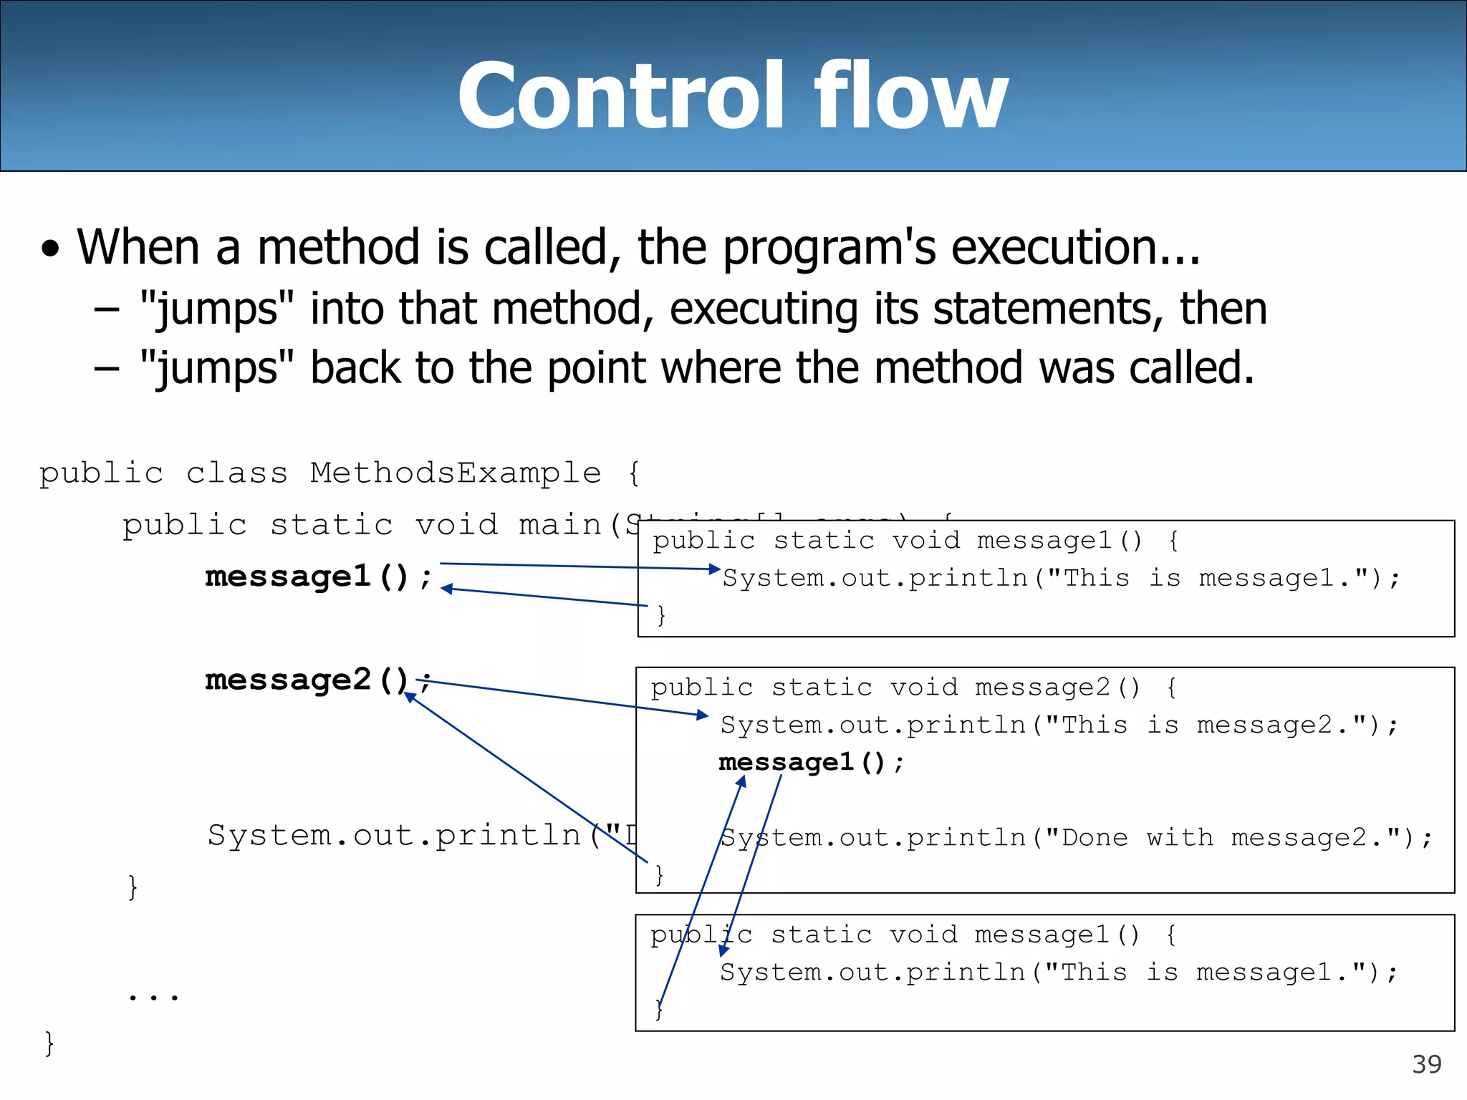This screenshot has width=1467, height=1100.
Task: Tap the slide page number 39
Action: coord(1426,1064)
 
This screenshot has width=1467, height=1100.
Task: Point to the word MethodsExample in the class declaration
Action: coord(456,473)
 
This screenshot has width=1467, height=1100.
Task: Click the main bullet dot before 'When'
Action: coord(50,250)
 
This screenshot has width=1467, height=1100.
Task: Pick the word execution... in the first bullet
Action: coord(1075,247)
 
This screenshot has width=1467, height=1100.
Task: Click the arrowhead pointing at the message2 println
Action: coord(703,715)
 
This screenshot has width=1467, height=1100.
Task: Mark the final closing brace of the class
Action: coord(49,1043)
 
